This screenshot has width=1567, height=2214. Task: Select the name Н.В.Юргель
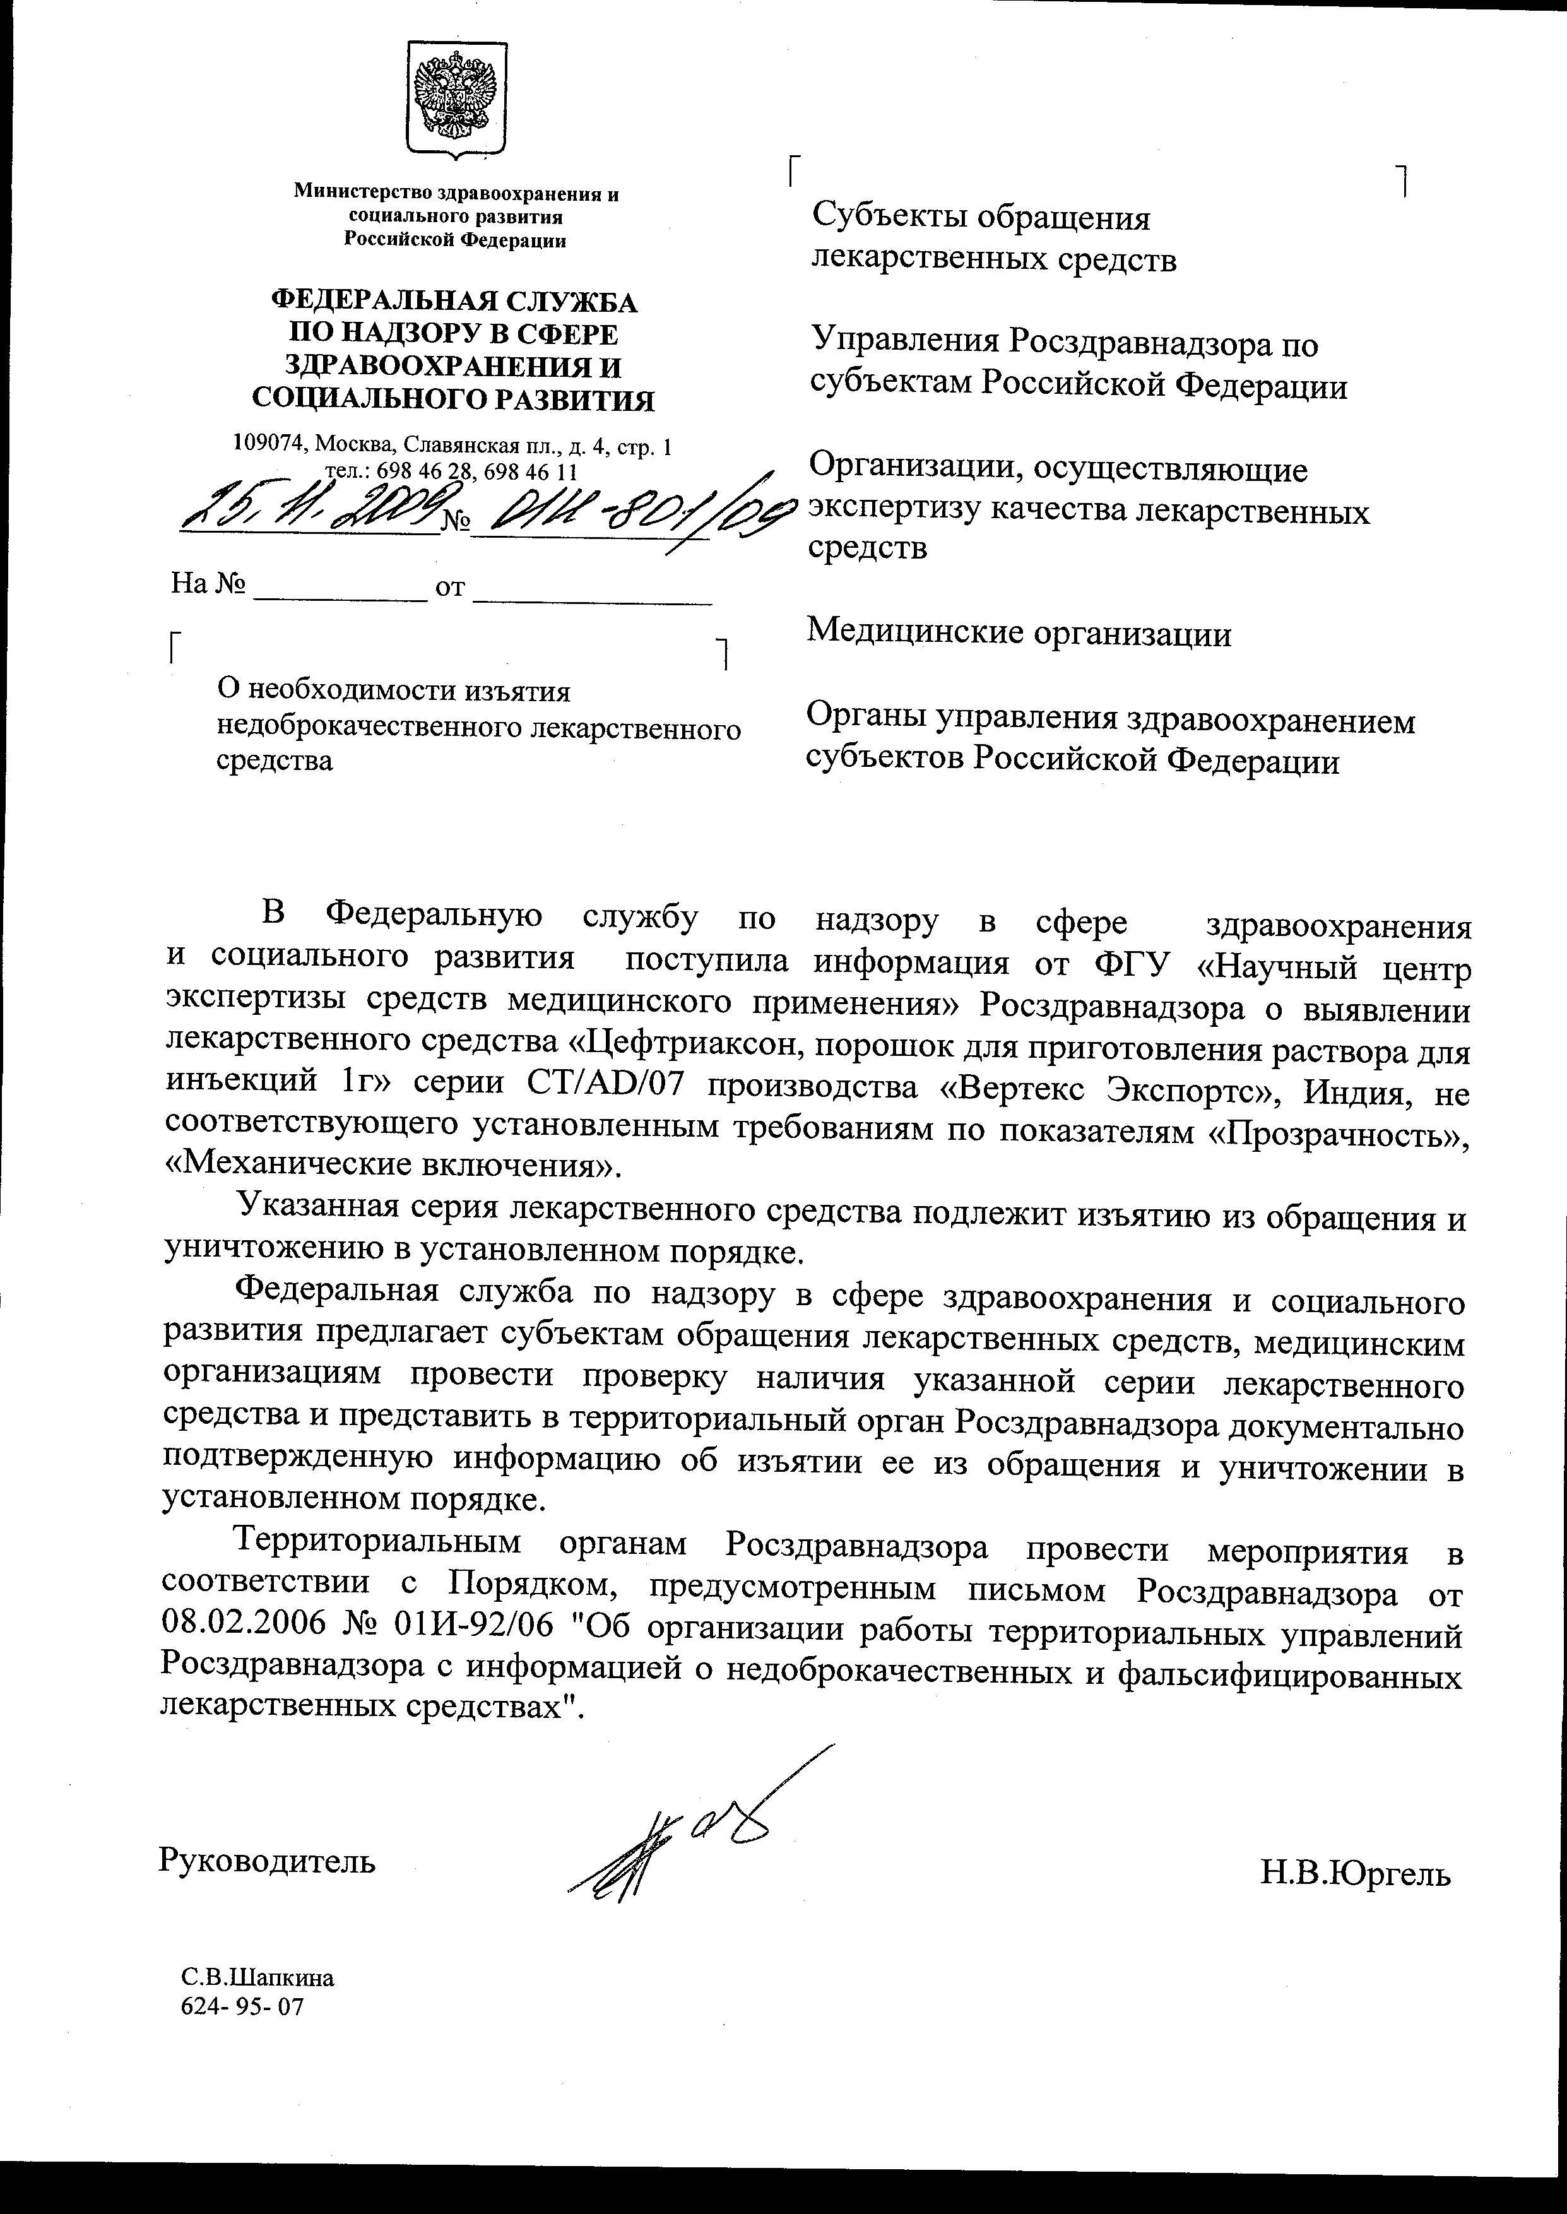click(x=1355, y=1874)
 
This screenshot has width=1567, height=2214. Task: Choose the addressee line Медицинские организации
click(x=1019, y=634)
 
